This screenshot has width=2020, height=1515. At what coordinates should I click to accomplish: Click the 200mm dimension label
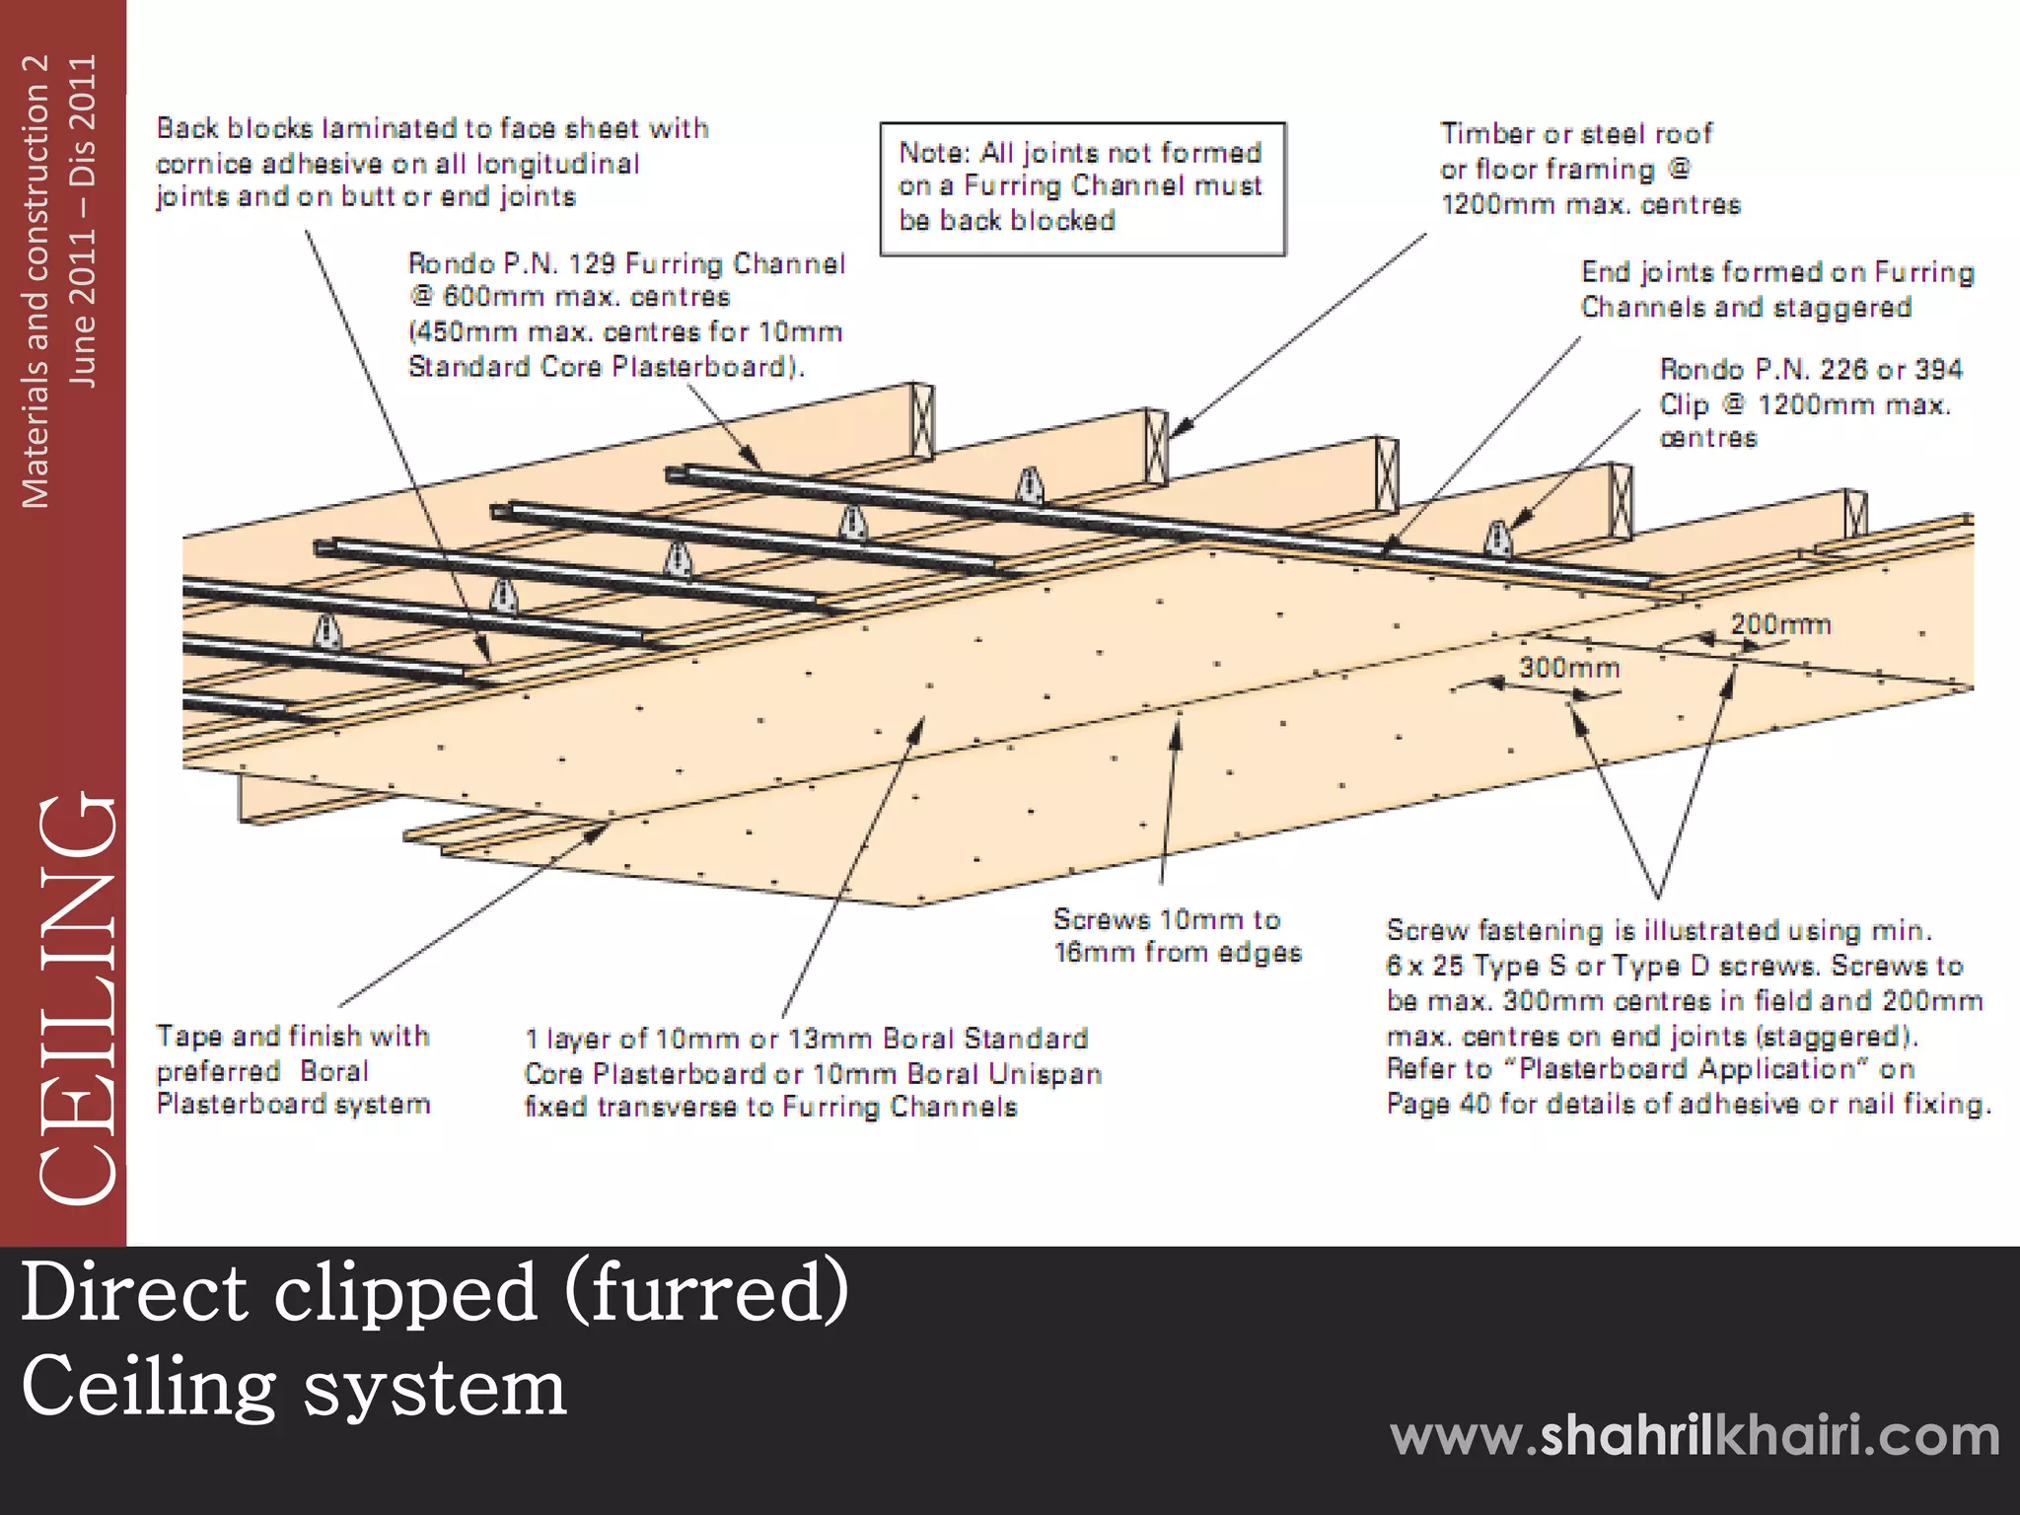pos(1779,624)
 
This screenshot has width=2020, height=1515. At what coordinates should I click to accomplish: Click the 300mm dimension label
pos(1568,668)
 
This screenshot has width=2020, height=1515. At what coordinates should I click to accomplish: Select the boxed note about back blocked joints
pos(1082,187)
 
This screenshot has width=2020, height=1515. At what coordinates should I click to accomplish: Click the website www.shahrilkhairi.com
pos(1695,1435)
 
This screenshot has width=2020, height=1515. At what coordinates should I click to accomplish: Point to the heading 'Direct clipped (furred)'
pos(434,1292)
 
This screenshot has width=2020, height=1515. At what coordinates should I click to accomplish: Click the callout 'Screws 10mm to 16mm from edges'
pos(1177,936)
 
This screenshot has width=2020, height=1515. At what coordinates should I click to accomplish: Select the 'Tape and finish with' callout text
pos(293,1037)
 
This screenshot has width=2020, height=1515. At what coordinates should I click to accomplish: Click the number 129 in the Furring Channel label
pos(592,264)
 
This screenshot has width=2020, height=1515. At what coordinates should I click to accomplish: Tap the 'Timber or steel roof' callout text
pos(1576,134)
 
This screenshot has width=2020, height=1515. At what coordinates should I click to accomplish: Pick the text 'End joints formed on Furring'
pos(1776,273)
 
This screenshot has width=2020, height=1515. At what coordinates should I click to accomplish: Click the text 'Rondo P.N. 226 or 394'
pos(1811,370)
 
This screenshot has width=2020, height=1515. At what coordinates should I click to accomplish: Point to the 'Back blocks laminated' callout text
pos(432,129)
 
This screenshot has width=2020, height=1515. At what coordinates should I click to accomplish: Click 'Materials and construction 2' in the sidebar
pos(36,281)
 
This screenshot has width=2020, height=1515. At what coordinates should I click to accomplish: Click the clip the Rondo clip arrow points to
pos(1498,538)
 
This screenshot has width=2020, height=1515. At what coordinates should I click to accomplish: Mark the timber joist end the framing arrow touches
pos(1156,444)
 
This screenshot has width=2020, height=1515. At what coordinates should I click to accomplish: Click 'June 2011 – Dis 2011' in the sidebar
pos(84,221)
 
